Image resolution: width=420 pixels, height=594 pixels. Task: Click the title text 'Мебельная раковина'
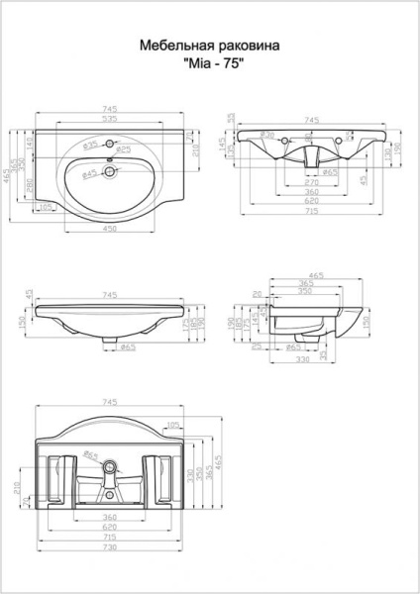pos(209,46)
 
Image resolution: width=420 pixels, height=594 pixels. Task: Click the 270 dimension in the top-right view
pos(312,182)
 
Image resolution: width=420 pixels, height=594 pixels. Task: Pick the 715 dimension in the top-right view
pos(312,211)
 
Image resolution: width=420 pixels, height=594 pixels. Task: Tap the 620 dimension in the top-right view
pos(312,201)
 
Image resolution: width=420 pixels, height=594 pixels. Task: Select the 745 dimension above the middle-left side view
pos(110,293)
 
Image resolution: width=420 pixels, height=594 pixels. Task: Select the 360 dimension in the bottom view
pos(110,517)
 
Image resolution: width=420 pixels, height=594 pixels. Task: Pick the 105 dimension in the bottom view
pos(174,424)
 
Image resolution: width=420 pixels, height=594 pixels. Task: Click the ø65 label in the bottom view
pos(90,455)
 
